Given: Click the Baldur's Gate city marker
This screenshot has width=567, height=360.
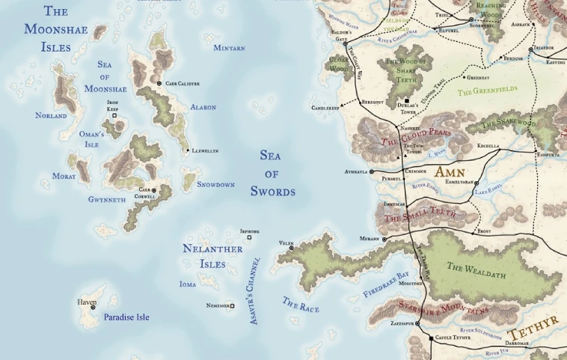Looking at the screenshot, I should (346, 44).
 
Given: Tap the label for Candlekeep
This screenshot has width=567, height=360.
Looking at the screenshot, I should (325, 108).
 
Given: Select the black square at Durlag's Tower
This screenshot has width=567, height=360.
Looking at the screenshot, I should (407, 100).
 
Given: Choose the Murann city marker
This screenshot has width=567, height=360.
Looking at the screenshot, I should (384, 239).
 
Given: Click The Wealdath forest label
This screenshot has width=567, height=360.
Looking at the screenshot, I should (476, 270).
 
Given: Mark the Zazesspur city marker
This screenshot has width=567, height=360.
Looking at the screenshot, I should (417, 323).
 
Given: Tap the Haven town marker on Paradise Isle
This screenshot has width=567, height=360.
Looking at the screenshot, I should (94, 307).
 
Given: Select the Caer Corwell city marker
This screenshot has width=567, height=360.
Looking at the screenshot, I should (154, 191).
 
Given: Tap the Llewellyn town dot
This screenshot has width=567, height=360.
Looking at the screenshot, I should (187, 150).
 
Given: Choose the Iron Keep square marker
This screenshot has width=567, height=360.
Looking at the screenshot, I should (114, 116).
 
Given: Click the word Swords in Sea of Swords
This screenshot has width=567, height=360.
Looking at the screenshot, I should (273, 192).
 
